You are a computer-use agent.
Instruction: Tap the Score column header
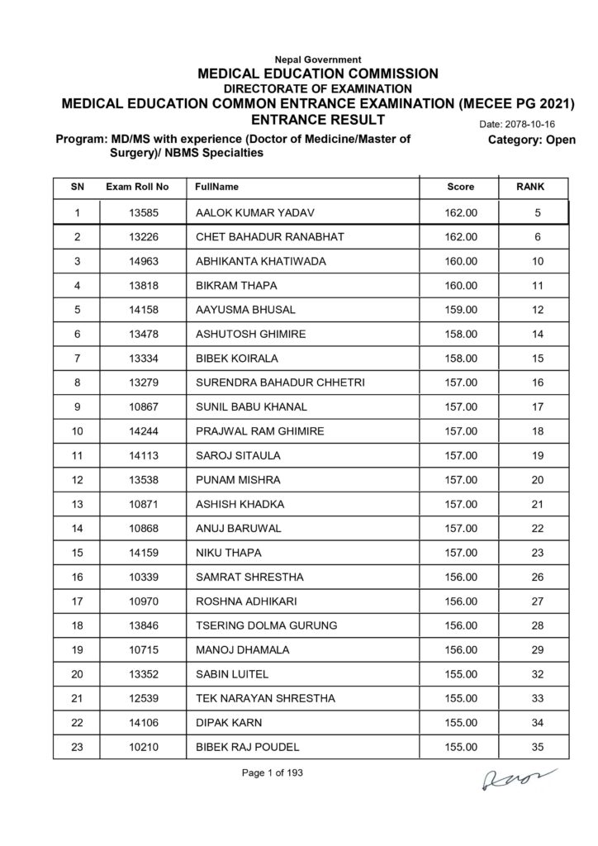(460, 188)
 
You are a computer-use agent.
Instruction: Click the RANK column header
(529, 188)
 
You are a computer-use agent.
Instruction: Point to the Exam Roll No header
(137, 188)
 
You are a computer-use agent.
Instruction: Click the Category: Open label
(532, 140)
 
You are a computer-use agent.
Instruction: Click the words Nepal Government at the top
(317, 59)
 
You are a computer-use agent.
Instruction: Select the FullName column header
(217, 188)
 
